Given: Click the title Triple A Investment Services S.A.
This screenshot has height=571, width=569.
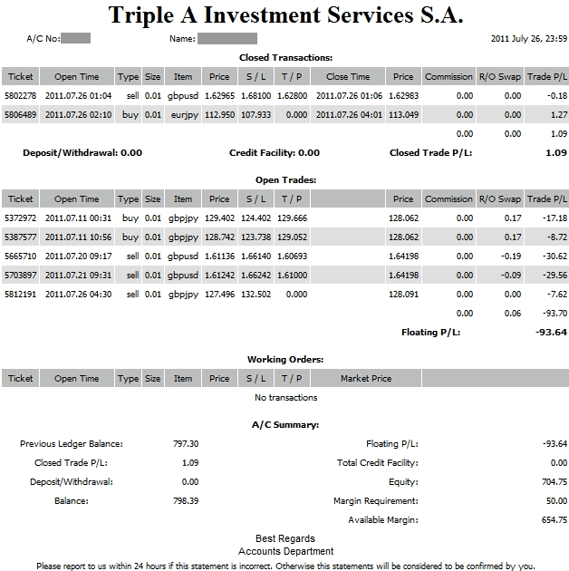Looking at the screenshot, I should point(285,15).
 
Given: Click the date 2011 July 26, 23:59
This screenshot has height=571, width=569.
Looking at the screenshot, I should point(528,39).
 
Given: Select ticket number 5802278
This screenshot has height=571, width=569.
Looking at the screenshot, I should point(20,94).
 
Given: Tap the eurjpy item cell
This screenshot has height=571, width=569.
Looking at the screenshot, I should point(183,115).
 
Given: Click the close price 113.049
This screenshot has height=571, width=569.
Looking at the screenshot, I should point(403,115).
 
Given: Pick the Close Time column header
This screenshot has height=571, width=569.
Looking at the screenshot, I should point(348,77).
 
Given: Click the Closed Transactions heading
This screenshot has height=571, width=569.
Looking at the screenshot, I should point(285,58).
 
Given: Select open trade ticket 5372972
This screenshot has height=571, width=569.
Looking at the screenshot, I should point(20,218).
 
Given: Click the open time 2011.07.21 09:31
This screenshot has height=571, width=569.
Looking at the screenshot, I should point(77,276).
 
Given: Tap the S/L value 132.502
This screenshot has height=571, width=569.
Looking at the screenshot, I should point(256,295).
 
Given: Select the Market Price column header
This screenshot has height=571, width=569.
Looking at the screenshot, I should point(366,379).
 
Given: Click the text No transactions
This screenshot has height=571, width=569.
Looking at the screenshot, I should point(285,398).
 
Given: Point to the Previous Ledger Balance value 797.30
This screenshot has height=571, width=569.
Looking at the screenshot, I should point(185,444).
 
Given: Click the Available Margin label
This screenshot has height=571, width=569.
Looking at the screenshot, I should point(382,520).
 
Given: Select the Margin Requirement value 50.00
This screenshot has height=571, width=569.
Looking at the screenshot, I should point(555,501).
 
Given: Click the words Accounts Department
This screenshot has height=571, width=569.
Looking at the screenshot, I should point(285,551).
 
